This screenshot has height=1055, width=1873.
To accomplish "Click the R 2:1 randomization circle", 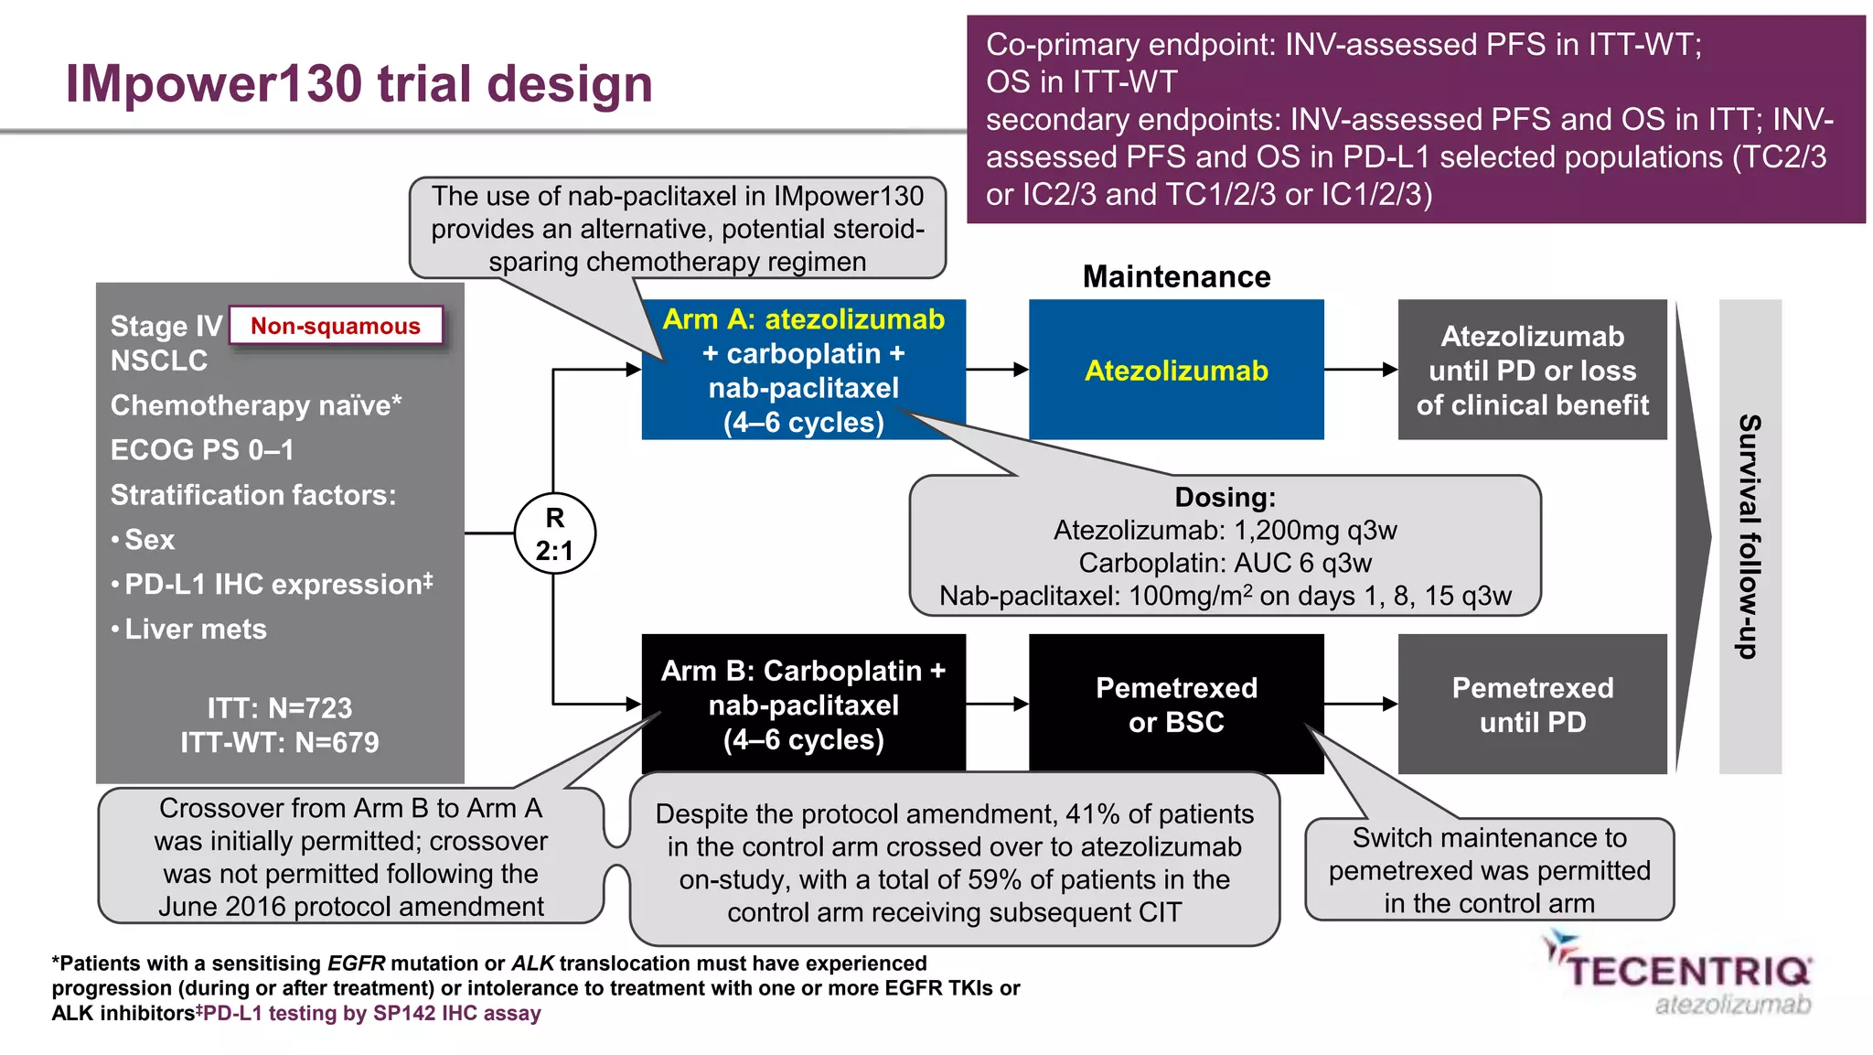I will (554, 533).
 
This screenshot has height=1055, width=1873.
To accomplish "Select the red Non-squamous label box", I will (336, 326).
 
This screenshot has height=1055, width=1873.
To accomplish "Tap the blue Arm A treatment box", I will (803, 370).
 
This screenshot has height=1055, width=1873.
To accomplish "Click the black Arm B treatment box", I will (803, 705).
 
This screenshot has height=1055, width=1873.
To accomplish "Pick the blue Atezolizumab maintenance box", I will (1176, 370).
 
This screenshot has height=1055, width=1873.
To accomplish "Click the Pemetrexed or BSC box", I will (1176, 705).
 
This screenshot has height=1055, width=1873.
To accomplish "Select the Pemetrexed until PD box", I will (1532, 705).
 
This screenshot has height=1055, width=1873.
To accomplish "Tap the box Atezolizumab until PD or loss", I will (1532, 370).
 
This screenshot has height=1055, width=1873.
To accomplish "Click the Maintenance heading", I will (1176, 276).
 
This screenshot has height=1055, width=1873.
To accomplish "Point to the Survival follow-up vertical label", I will (1749, 536).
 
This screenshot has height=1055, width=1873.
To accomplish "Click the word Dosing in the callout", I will (1225, 497).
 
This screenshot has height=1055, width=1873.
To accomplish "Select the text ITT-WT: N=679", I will (279, 742).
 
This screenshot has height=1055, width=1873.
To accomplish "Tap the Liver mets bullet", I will (195, 629).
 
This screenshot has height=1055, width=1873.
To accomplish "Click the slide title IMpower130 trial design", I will (359, 83).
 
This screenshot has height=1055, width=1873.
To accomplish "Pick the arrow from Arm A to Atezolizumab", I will (997, 370).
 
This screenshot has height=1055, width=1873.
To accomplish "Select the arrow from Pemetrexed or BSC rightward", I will (1361, 705).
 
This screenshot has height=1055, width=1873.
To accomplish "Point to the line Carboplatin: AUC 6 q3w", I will (1225, 563).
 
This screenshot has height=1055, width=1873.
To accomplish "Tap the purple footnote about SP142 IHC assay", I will (371, 1013).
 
